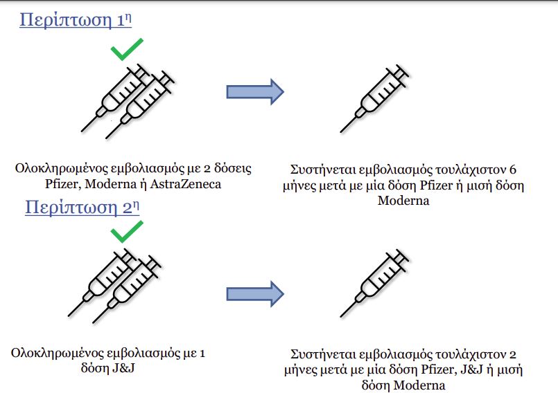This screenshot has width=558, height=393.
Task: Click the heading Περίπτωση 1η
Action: [76, 19]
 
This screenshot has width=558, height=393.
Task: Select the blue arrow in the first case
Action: [255, 91]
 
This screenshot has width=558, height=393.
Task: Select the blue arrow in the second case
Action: [255, 292]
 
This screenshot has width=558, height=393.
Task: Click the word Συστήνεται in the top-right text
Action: [324, 170]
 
